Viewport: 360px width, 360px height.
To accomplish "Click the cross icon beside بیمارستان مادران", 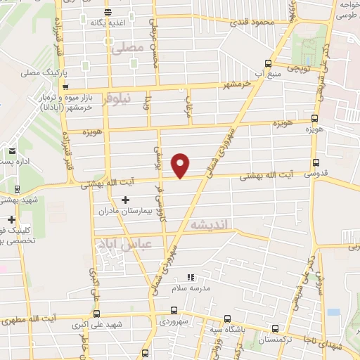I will tap(125, 200).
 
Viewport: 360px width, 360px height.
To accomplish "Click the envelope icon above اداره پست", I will tap(12, 150).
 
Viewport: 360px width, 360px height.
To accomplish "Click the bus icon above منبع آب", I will tap(268, 62).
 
